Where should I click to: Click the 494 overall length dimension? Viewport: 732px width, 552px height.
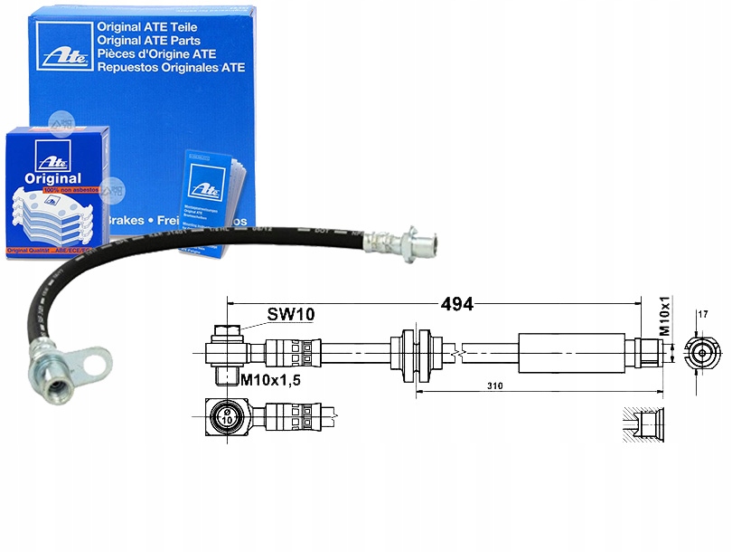(x=457, y=304)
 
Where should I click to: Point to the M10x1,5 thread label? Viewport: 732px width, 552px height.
(x=270, y=379)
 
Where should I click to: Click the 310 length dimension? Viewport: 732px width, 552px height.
(x=494, y=385)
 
